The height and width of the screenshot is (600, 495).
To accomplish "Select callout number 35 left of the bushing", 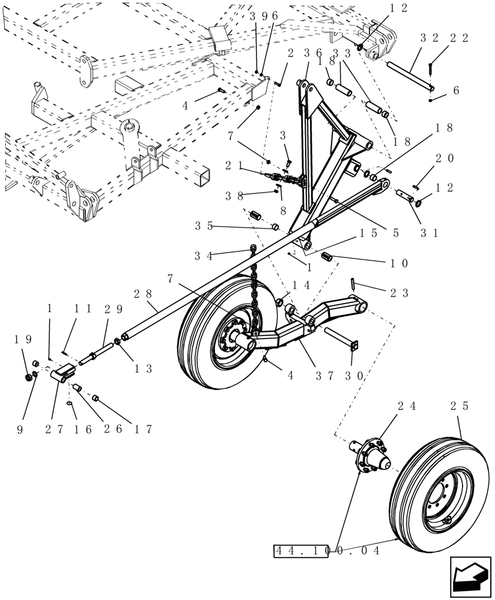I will (204, 226).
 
